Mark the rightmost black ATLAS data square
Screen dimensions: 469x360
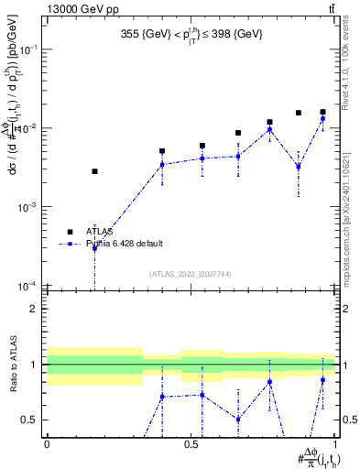point(322,112)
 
